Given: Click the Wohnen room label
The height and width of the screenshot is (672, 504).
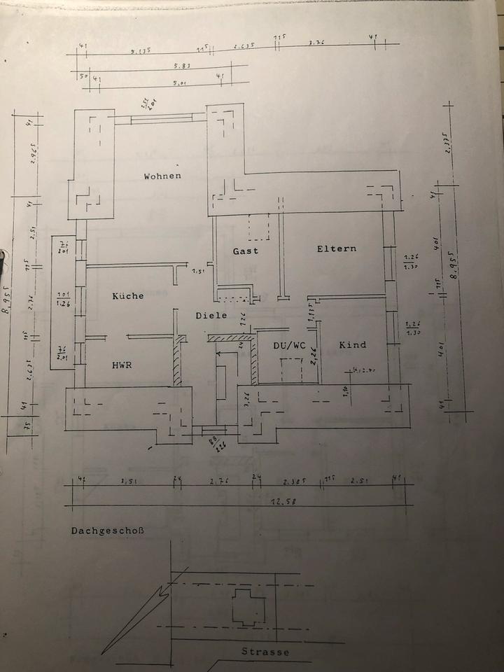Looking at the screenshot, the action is (x=162, y=176).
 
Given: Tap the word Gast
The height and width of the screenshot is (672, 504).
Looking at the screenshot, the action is (x=246, y=251).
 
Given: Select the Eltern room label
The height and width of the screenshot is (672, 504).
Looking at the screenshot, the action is (x=336, y=248).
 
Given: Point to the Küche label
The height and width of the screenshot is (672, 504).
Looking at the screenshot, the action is (x=128, y=296).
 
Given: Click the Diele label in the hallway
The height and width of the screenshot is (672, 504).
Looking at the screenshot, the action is (x=212, y=316).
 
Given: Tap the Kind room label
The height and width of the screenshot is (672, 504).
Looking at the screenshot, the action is (x=353, y=345).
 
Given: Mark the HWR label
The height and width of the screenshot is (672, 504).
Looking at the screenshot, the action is (x=122, y=365).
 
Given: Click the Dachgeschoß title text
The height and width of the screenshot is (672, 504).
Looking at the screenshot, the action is (x=106, y=531).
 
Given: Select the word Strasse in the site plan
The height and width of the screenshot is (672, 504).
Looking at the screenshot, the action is (x=265, y=652).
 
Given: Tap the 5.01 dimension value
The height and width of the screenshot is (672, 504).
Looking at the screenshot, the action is (x=180, y=84).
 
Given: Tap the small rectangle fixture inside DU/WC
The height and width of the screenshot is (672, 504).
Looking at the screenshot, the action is (x=290, y=370).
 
